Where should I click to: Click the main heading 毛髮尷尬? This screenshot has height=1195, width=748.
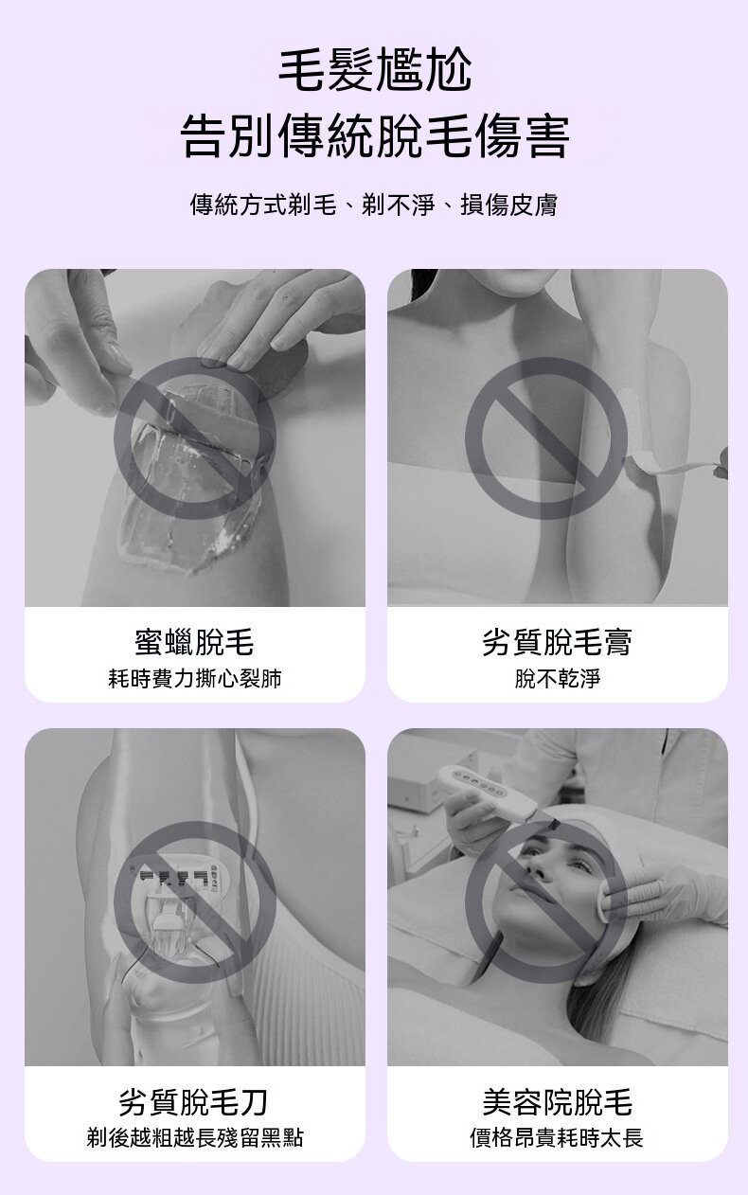pos(375,70)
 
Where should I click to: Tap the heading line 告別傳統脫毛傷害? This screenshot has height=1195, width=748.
pos(375,135)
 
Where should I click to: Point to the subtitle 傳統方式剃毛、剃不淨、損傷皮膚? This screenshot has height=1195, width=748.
pos(373,205)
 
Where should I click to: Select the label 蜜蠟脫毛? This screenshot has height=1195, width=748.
pos(194,642)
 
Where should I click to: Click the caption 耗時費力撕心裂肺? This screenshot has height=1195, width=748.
pos(194,679)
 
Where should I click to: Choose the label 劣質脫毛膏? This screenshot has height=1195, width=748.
pos(557,642)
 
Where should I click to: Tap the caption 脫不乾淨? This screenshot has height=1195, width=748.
pos(557,679)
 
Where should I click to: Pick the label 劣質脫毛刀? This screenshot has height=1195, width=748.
pos(194,1103)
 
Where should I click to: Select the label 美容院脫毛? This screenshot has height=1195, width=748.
pos(557,1103)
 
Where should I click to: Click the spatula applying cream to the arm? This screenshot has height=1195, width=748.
pos(678,463)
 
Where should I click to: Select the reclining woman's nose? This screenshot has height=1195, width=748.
pos(536,868)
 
